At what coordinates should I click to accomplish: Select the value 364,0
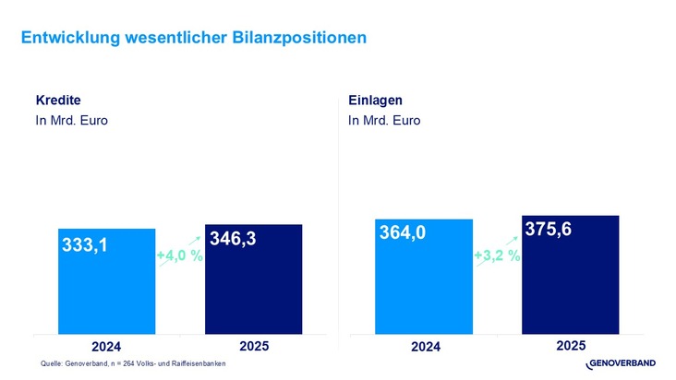(x=403, y=234)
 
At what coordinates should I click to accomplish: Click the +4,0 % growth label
(x=179, y=255)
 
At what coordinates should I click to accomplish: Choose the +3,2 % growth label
(x=497, y=255)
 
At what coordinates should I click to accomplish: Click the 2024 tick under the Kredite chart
(x=106, y=347)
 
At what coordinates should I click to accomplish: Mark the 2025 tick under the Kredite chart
(x=254, y=346)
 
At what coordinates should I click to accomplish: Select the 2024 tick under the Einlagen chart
(x=424, y=347)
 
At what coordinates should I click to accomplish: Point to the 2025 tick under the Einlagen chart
(x=571, y=346)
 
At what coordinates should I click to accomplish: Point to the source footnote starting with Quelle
(x=133, y=364)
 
